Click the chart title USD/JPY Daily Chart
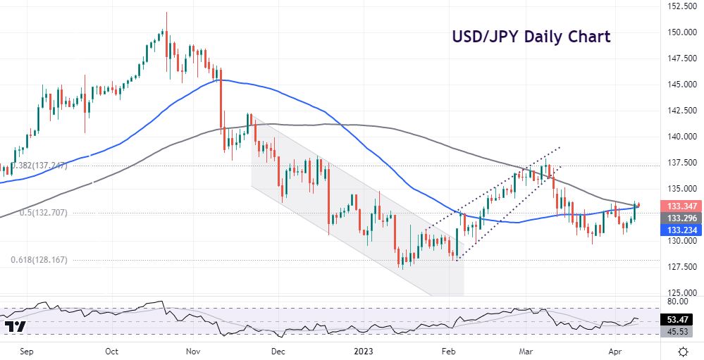pyautogui.click(x=531, y=37)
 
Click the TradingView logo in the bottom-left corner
pyautogui.click(x=16, y=327)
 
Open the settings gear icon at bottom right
pyautogui.click(x=682, y=350)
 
